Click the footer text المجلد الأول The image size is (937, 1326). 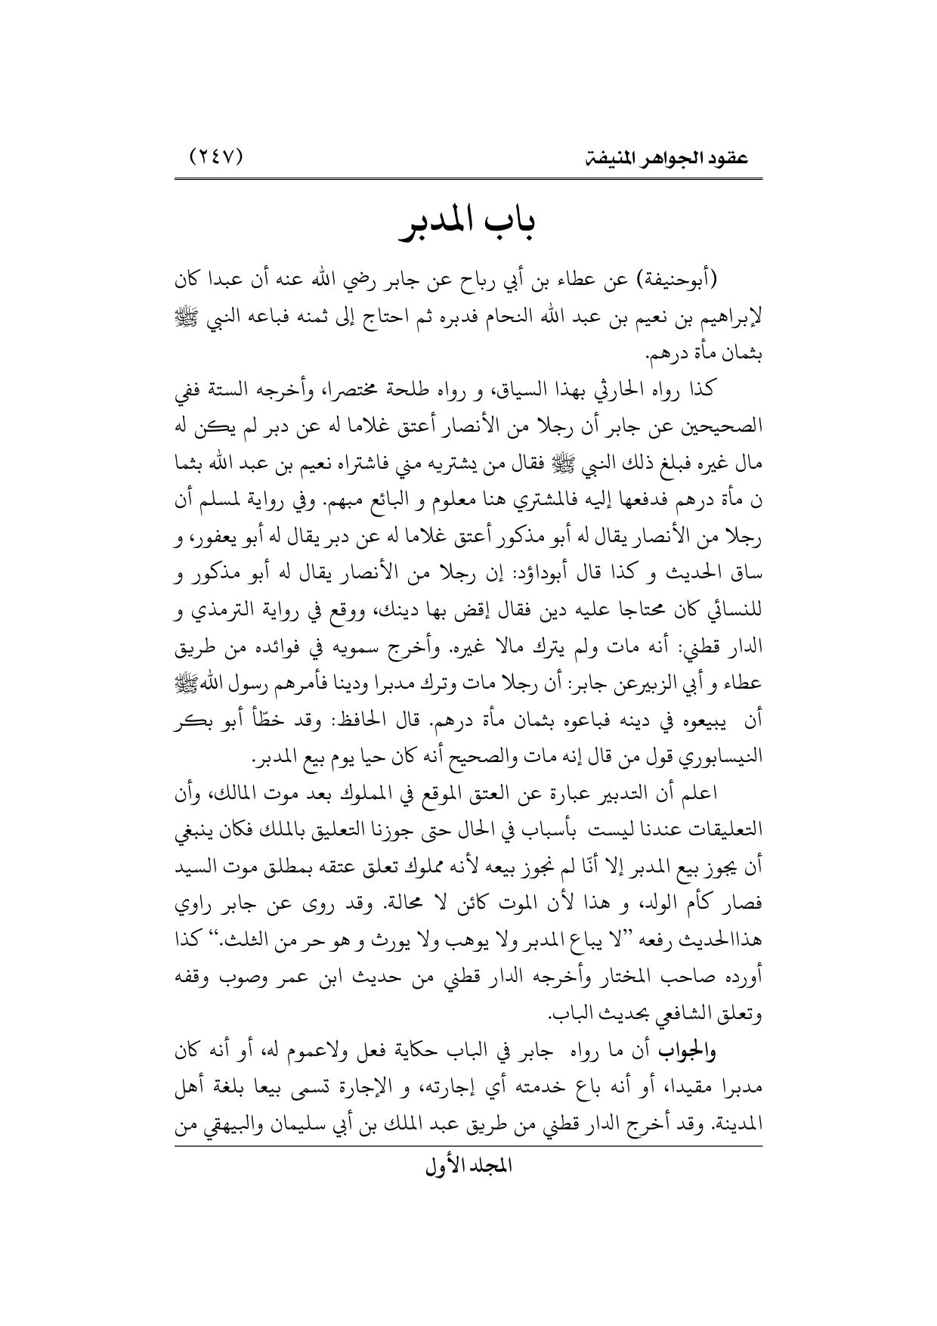pyautogui.click(x=468, y=1187)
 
